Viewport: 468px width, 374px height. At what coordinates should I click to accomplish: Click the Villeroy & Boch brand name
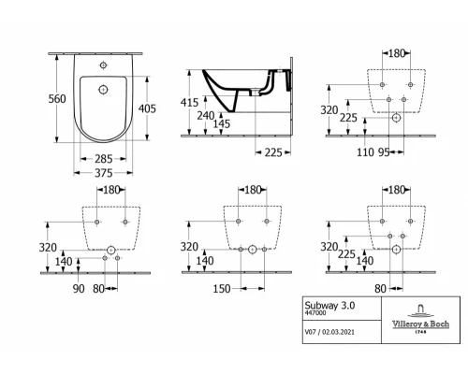(413, 324)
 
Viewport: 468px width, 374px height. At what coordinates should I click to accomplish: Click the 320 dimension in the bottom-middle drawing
(190, 247)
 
